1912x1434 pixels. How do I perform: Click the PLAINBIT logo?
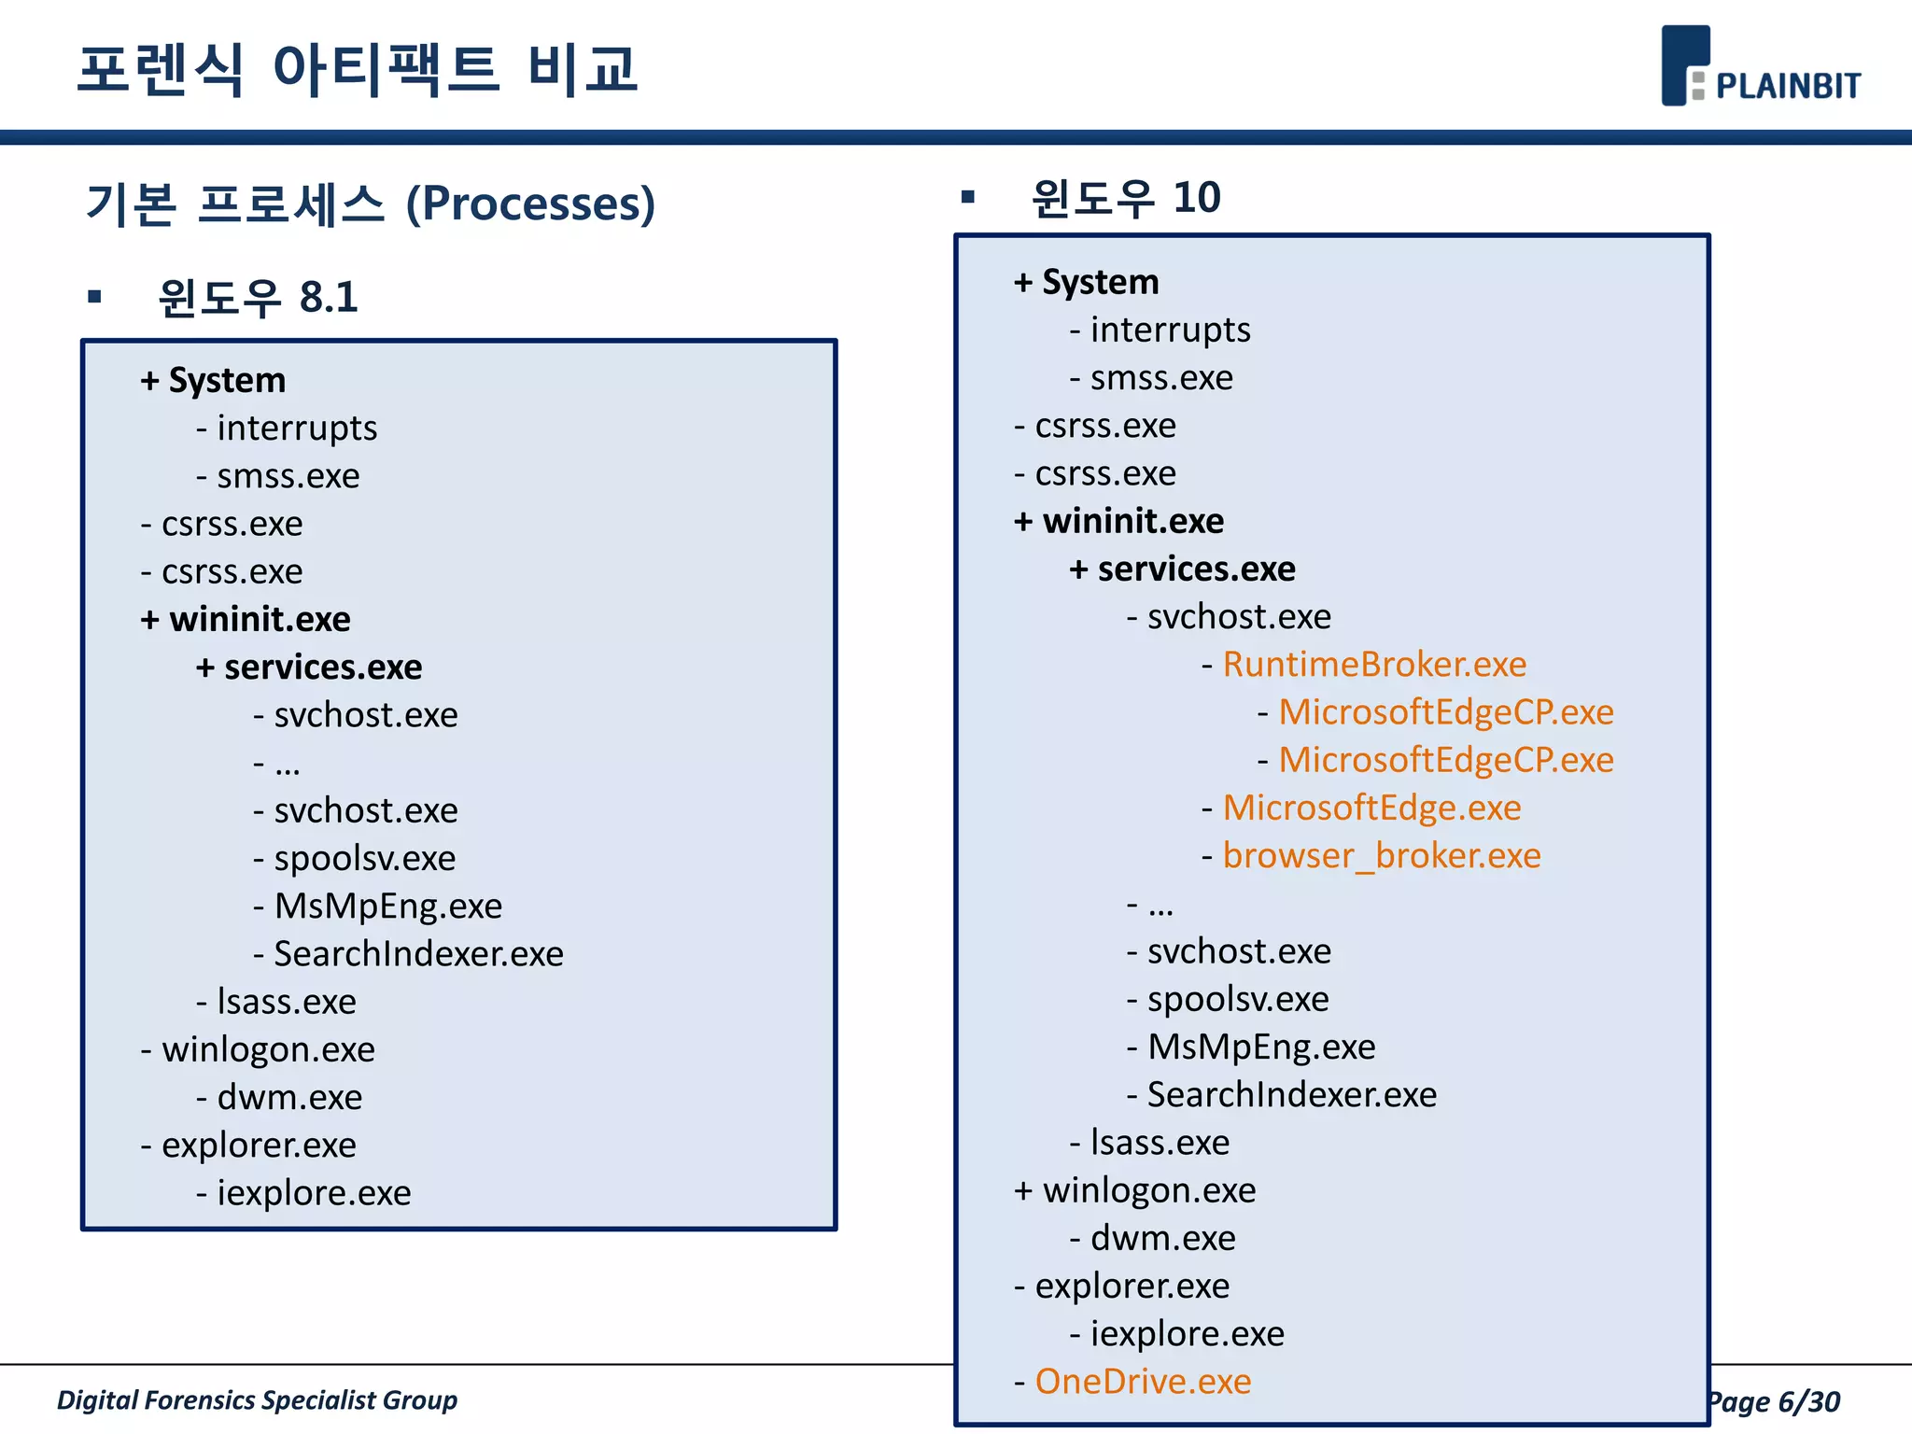(1760, 67)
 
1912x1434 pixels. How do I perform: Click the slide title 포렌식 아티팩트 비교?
(358, 69)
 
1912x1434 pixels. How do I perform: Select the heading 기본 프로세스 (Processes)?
(371, 204)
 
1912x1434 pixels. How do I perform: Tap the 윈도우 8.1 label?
(258, 298)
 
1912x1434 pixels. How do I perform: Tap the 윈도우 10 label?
(1126, 198)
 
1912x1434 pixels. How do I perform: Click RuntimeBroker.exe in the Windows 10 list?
(1374, 664)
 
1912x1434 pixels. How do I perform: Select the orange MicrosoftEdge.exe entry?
(1371, 808)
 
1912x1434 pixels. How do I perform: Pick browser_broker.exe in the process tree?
(1381, 855)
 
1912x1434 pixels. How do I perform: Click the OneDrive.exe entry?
(1143, 1381)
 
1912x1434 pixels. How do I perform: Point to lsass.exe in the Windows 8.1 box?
(286, 1002)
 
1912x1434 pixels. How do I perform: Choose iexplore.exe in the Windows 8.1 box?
(314, 1193)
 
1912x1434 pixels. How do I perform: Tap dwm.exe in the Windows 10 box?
(1162, 1238)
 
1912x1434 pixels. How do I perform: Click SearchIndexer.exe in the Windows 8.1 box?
(418, 954)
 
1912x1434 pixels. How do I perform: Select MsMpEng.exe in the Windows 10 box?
(1261, 1047)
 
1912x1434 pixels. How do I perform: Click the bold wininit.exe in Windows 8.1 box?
(259, 619)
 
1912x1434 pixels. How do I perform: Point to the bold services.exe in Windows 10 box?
(1196, 569)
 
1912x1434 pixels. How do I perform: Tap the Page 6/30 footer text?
(1774, 1401)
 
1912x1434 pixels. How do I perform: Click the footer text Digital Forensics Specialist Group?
(257, 1399)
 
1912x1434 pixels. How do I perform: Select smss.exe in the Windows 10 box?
(1161, 378)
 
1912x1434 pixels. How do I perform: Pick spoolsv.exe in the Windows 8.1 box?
(364, 858)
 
